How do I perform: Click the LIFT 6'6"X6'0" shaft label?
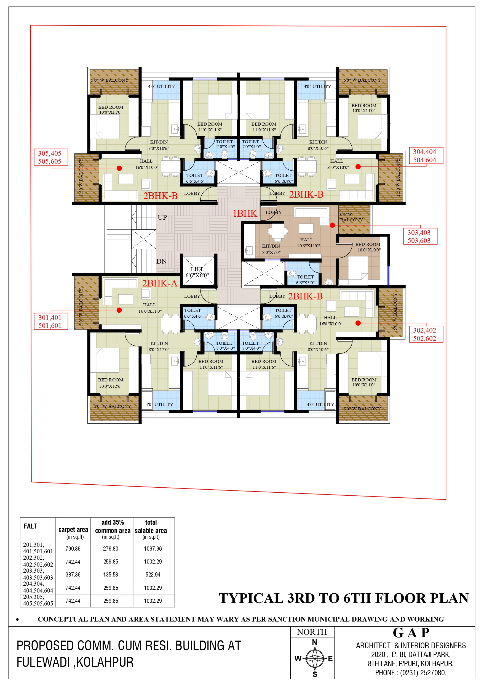(x=197, y=272)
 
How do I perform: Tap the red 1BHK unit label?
(x=245, y=213)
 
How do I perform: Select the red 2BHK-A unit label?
(x=160, y=283)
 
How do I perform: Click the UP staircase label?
(x=162, y=217)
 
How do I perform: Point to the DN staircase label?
(x=162, y=261)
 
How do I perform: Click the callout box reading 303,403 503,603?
(x=419, y=236)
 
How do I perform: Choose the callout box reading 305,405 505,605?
(x=51, y=157)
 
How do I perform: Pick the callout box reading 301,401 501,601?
(x=51, y=321)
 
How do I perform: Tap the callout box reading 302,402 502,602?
(x=426, y=334)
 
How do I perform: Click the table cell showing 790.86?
(x=73, y=548)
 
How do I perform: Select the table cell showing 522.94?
(x=153, y=574)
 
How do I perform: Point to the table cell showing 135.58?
(x=111, y=574)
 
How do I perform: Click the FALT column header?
(x=30, y=526)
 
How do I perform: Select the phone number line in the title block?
(x=411, y=673)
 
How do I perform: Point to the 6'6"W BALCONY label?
(x=351, y=217)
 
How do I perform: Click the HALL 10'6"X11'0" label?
(x=308, y=243)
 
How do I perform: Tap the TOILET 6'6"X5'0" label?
(x=305, y=280)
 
